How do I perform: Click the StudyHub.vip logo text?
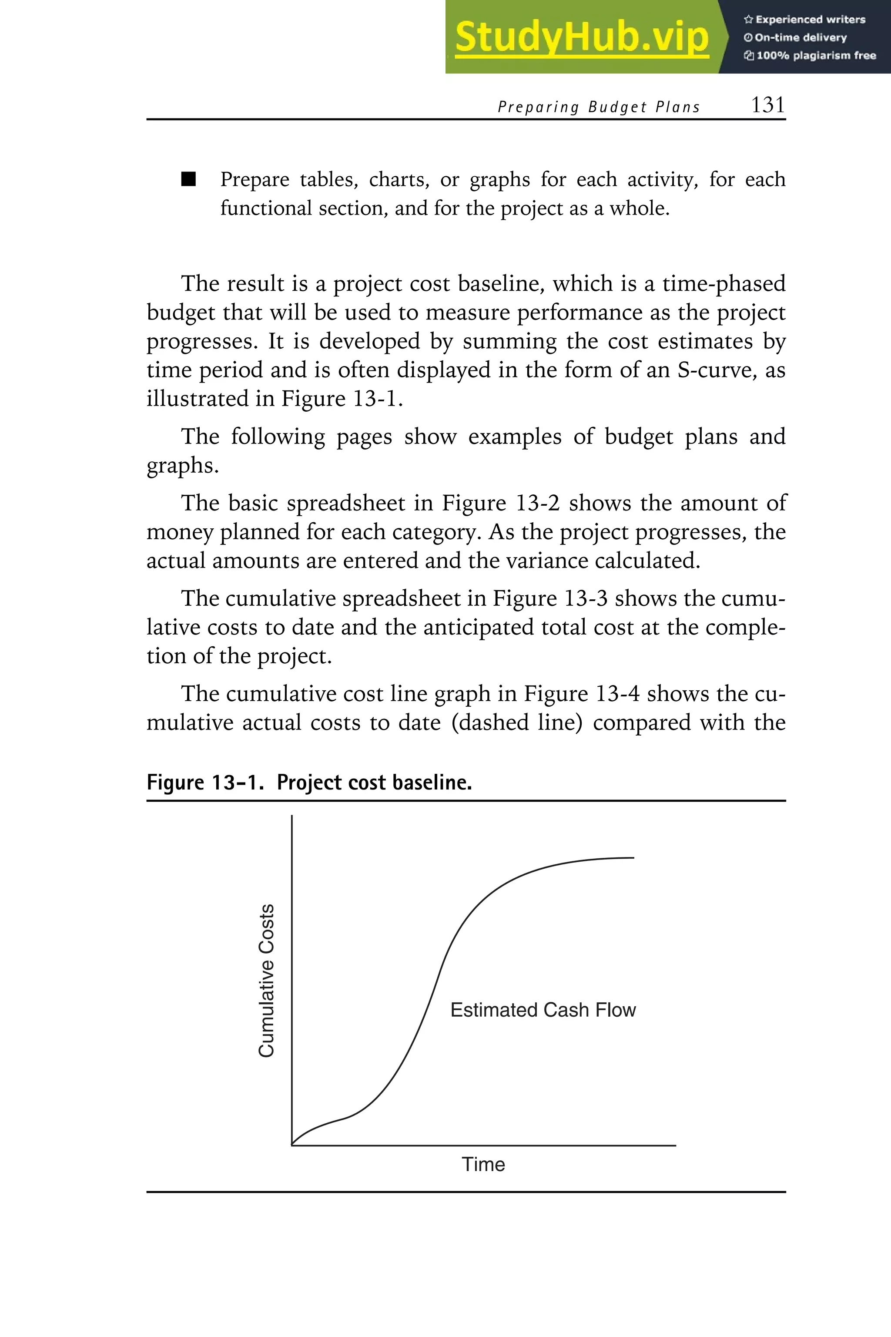click(581, 37)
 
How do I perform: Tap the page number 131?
click(768, 105)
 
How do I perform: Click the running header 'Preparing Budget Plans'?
click(598, 107)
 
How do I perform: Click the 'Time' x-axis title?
click(483, 1165)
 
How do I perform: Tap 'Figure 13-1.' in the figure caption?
click(206, 783)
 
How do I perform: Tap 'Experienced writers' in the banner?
click(810, 19)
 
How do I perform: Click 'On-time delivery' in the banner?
click(800, 37)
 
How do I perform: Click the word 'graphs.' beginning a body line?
click(182, 466)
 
